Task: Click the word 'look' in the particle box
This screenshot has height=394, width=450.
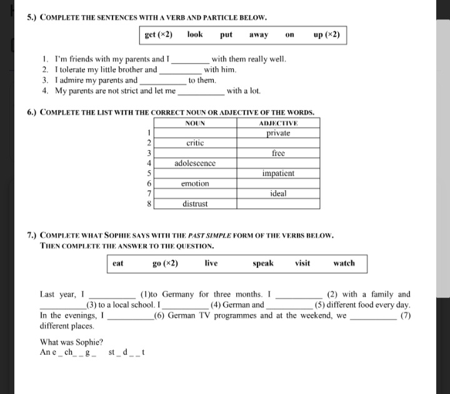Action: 195,35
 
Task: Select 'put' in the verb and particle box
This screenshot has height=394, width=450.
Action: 226,35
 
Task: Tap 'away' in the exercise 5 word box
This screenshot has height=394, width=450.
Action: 259,35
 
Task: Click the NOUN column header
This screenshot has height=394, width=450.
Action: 196,123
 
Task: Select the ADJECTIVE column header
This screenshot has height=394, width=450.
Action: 278,123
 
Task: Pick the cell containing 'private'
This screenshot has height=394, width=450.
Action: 278,133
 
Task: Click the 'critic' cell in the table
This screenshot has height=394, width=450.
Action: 196,143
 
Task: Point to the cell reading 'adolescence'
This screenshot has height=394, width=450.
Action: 196,163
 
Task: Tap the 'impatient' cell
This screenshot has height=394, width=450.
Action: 278,173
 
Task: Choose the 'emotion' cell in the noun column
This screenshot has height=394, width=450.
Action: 196,184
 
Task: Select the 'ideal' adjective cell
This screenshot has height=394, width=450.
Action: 278,194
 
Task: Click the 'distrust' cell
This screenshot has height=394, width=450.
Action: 196,204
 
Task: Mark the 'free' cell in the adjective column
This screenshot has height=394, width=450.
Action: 278,153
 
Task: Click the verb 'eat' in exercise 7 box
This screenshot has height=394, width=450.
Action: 118,263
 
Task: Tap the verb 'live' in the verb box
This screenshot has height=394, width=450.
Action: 211,263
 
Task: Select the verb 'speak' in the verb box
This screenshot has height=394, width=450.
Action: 263,263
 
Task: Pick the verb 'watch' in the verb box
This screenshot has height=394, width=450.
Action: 344,263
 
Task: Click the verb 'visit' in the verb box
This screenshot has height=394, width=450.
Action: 302,263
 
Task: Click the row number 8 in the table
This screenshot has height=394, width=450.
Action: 149,204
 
